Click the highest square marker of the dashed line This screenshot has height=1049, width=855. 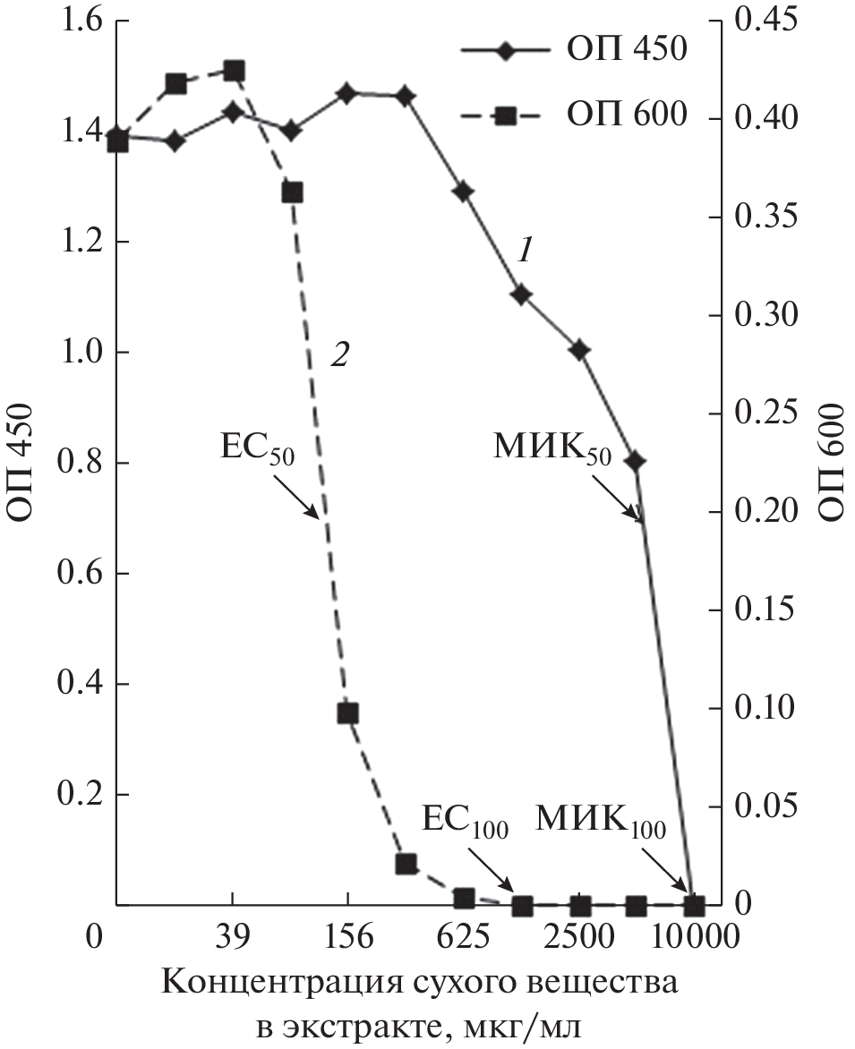click(x=234, y=71)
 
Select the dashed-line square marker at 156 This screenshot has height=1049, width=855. click(x=348, y=713)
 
